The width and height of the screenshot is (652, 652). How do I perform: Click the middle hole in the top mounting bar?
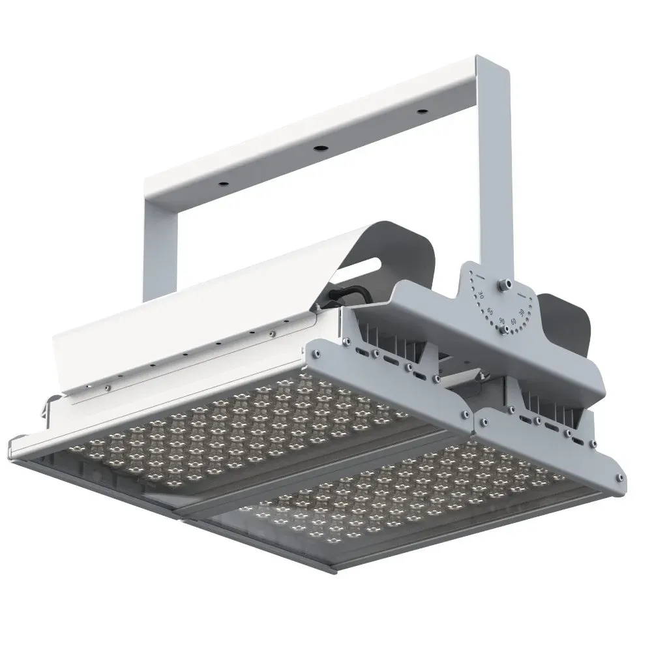click(319, 148)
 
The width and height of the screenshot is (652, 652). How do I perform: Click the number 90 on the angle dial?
click(502, 320)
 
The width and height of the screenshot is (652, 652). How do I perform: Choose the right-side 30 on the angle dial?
click(522, 313)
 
